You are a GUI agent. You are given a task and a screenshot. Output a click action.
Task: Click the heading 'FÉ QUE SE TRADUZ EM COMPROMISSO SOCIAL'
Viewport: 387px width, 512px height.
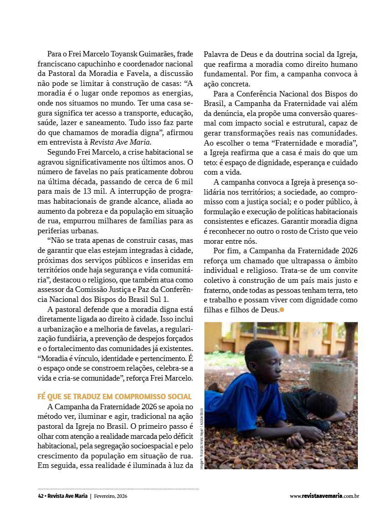[114, 397]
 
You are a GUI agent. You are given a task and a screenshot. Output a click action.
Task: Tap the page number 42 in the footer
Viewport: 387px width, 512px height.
[41, 496]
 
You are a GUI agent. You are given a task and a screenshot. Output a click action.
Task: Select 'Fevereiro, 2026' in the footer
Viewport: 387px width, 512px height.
[111, 496]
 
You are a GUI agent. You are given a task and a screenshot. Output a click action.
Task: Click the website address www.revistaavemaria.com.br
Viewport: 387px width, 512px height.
[325, 496]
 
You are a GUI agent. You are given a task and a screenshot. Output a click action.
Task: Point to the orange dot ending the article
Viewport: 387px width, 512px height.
[282, 310]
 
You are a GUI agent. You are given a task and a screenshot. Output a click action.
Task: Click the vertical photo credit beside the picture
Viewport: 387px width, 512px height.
[201, 439]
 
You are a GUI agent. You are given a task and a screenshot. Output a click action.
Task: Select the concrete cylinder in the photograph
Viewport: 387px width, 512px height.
[333, 384]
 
